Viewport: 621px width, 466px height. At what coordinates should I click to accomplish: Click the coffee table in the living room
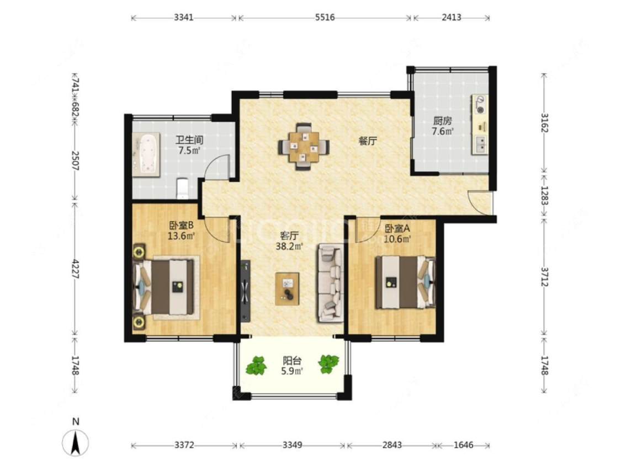(288, 289)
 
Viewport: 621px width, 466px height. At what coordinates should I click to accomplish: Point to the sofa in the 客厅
(330, 283)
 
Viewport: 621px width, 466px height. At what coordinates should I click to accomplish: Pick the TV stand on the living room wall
(246, 291)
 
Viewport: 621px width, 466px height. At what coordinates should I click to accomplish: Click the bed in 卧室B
(166, 287)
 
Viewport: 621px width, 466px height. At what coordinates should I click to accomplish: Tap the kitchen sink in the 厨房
(480, 144)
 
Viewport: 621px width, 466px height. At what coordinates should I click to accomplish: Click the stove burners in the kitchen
(480, 104)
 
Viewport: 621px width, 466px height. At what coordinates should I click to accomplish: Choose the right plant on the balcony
(328, 364)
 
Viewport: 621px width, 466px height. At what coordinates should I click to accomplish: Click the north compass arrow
(75, 442)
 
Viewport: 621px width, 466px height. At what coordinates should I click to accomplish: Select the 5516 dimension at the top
(325, 18)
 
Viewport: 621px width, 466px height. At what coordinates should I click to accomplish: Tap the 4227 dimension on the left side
(75, 269)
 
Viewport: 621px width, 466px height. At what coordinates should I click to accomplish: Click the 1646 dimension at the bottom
(463, 445)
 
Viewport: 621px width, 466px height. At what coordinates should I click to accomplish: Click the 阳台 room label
(292, 361)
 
